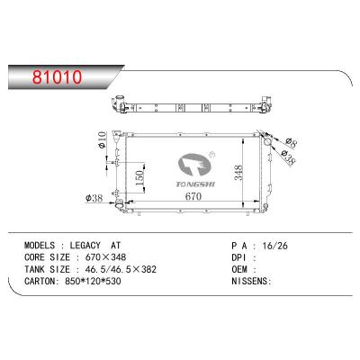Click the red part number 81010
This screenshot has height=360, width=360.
coord(57,77)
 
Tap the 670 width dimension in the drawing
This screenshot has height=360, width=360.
coord(193,196)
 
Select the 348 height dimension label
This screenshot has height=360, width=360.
coord(238,173)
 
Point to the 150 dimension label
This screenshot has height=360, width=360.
coord(140,177)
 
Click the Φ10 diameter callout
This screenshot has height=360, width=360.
coord(102,139)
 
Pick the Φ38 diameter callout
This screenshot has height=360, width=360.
coord(94,198)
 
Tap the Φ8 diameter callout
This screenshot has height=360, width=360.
coord(291,142)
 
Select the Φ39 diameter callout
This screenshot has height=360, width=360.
coord(289,157)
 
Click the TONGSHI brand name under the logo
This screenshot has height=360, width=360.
coord(195,184)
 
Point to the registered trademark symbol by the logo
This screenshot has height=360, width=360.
coord(211,155)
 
